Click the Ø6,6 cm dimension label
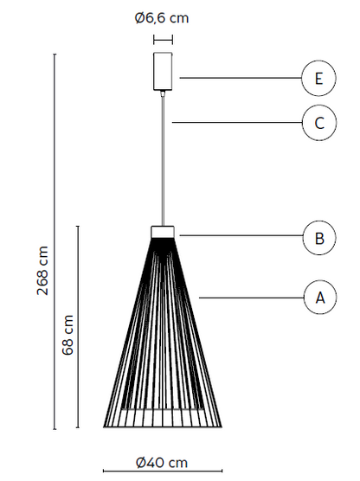click(162, 18)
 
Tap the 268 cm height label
click(43, 270)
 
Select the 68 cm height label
click(68, 335)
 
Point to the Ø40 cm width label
click(162, 463)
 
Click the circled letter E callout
click(318, 78)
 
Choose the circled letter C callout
click(319, 123)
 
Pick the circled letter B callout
click(319, 238)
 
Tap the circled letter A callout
click(320, 298)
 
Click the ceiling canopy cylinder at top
click(163, 72)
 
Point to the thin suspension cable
click(163, 159)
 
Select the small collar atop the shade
click(163, 232)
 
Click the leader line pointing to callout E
click(241, 78)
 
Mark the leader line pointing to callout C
click(237, 122)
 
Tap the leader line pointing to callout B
click(241, 235)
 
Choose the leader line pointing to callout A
click(251, 298)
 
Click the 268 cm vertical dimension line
click(55, 241)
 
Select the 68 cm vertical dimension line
click(78, 327)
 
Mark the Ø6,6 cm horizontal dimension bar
click(163, 40)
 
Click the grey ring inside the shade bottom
click(163, 409)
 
